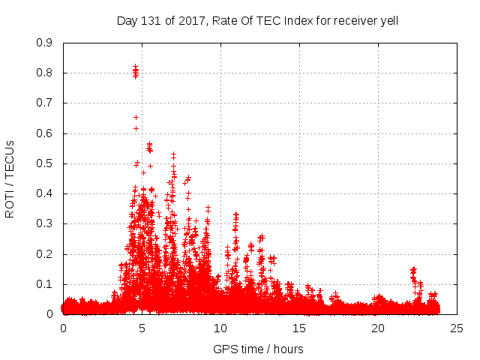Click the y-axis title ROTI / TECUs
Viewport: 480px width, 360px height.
10,178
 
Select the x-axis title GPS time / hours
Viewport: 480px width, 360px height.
258,349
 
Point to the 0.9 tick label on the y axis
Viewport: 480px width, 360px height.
45,43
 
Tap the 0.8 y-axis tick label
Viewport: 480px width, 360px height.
45,73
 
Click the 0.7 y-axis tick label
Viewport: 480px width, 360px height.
45,103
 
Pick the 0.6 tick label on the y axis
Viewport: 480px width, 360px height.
45,133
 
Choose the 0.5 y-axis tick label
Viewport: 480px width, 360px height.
45,163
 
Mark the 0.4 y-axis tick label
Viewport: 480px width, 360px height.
45,193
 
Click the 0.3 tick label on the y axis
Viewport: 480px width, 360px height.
45,224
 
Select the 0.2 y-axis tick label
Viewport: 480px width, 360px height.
45,254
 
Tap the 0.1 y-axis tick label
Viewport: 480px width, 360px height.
45,284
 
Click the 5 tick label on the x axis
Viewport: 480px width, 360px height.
142,328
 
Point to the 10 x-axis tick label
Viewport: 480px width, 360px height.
220,328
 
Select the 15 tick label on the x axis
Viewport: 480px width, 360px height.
299,328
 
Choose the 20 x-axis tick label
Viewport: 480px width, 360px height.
378,328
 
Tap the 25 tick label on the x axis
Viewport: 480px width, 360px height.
457,328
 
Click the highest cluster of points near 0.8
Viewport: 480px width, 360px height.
135,72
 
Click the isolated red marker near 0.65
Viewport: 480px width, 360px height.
136,117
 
